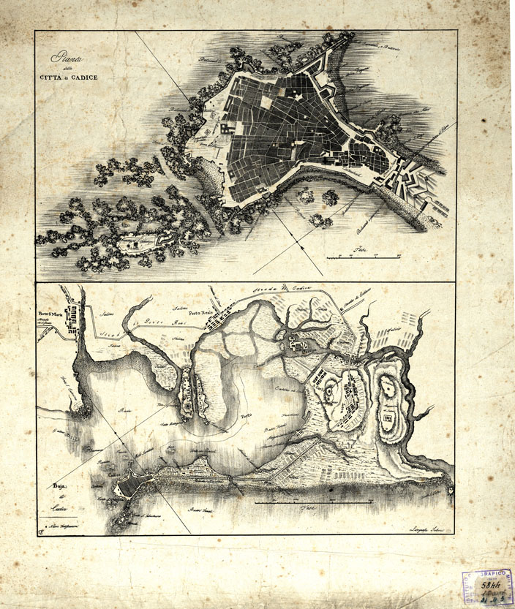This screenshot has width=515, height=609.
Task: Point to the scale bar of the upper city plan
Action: click(364, 256)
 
